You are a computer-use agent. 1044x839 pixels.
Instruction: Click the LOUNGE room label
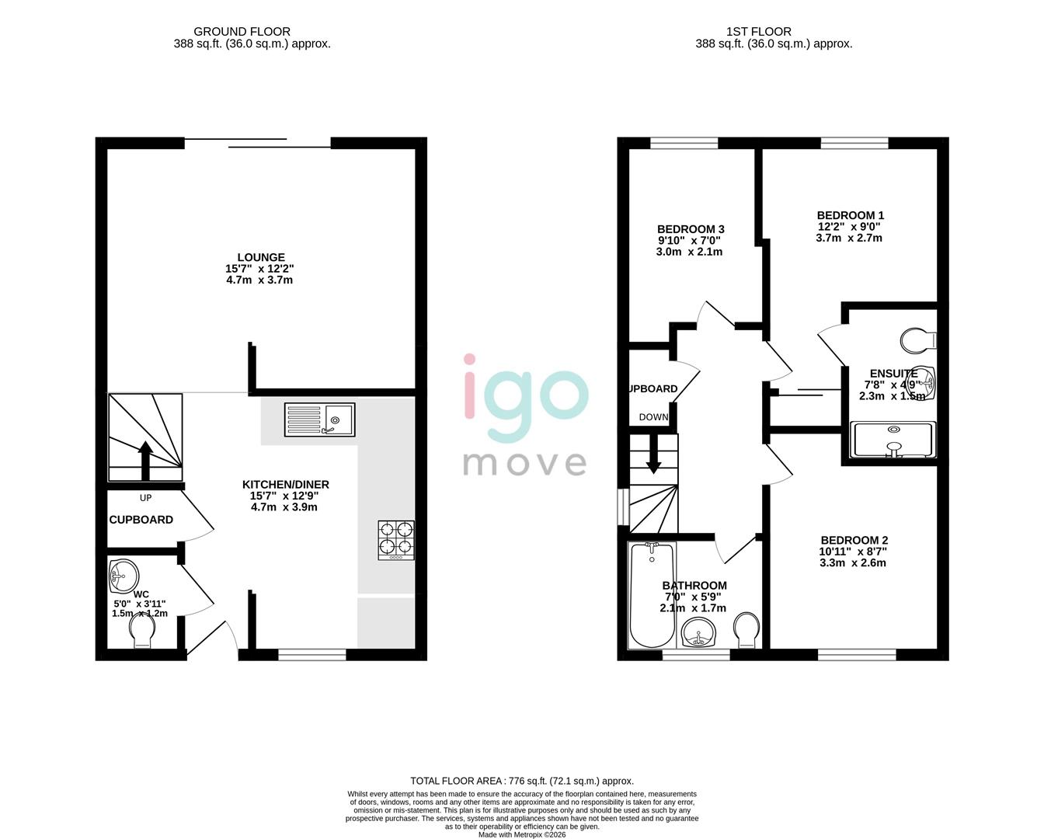260,257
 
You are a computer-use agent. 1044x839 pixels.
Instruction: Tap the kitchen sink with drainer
319,419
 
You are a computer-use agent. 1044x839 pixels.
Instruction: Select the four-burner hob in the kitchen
396,540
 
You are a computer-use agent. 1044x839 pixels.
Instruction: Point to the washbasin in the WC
123,575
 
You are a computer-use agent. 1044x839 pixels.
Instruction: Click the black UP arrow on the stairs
144,461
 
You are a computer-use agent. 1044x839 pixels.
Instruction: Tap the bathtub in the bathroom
651,594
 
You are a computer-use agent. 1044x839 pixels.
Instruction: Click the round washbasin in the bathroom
701,632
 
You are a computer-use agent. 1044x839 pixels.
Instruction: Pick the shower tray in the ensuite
892,440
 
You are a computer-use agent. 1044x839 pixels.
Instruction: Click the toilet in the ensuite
919,340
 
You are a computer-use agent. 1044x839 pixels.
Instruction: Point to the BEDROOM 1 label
850,215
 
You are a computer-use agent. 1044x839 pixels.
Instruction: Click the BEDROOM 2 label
854,541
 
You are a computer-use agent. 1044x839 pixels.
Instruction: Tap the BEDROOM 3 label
691,229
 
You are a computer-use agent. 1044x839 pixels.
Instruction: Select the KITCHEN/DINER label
284,485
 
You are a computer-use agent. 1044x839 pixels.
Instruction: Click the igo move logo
524,415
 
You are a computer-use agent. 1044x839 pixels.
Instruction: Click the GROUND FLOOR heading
242,32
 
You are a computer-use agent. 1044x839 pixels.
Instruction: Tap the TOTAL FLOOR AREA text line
521,781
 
